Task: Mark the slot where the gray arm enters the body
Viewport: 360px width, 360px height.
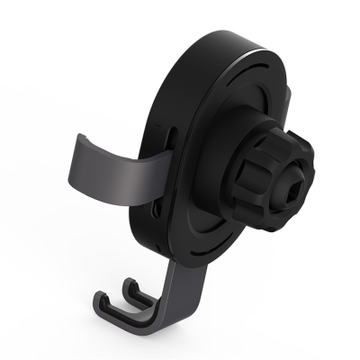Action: [x=170, y=148]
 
